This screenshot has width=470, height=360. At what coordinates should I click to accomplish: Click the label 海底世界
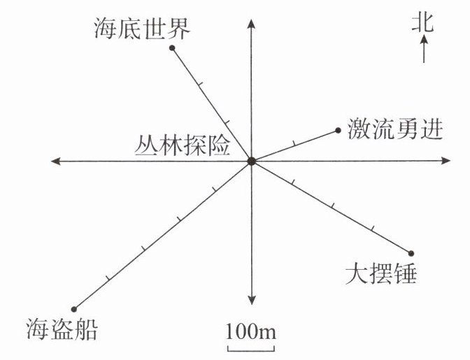click(141, 29)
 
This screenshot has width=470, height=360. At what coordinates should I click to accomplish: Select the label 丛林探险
click(183, 147)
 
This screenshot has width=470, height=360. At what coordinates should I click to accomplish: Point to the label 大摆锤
click(381, 273)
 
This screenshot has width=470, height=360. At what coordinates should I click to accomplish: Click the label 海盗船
click(61, 329)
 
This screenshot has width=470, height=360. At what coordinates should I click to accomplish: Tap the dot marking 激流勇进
click(339, 130)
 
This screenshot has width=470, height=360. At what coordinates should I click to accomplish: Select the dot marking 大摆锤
click(411, 253)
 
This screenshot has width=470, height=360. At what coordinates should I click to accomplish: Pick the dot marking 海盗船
click(74, 308)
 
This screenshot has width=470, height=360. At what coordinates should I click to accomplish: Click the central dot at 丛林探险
click(251, 161)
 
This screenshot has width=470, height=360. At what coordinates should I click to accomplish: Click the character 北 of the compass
click(422, 24)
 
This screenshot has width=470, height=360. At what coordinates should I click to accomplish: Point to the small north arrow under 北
click(423, 50)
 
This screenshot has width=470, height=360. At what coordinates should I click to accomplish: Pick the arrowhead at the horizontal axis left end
click(56, 161)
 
